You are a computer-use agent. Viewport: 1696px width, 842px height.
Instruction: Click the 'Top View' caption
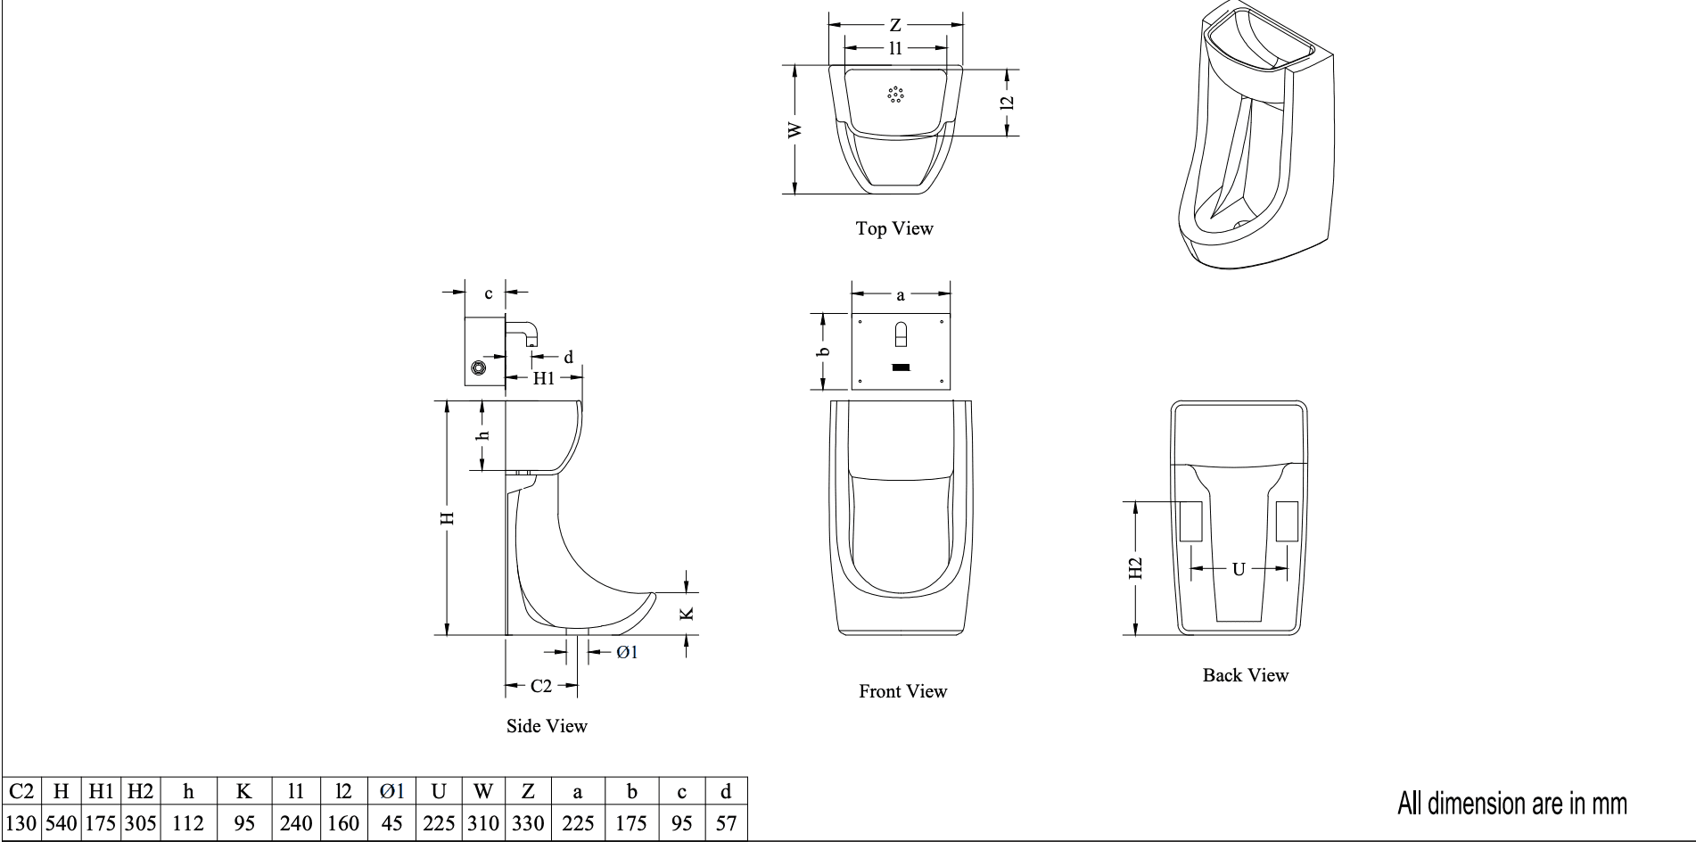[x=894, y=228]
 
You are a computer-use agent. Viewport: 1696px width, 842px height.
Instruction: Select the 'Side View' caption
[x=547, y=726]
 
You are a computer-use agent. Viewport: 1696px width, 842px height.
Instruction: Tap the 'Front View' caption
[x=902, y=691]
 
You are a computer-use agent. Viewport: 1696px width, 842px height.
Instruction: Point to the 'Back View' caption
[x=1245, y=675]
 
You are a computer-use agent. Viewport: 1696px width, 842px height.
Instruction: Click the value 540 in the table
[x=61, y=823]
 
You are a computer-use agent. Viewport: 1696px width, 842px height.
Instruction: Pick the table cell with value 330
[x=528, y=823]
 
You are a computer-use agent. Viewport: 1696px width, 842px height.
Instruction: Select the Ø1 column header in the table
[x=391, y=791]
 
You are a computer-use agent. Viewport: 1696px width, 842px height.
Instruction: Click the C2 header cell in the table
[x=21, y=791]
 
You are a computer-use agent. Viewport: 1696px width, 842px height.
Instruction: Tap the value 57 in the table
[x=726, y=823]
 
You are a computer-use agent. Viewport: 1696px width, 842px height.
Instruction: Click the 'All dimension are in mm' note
[x=1511, y=804]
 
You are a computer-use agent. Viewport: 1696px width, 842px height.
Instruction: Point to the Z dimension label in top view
[x=895, y=26]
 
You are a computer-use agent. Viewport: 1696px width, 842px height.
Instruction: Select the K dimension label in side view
[x=687, y=614]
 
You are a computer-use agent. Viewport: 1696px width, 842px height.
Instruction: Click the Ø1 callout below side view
[x=627, y=653]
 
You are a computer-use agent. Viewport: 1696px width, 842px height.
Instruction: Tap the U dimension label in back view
[x=1238, y=568]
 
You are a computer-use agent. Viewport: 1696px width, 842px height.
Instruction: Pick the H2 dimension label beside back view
[x=1135, y=568]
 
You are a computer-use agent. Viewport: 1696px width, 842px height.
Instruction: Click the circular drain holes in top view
[x=895, y=94]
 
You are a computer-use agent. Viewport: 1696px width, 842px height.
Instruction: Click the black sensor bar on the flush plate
[x=901, y=367]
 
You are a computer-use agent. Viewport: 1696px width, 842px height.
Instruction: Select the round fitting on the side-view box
[x=479, y=367]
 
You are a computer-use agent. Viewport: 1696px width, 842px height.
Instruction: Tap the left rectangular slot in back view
[x=1190, y=521]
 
